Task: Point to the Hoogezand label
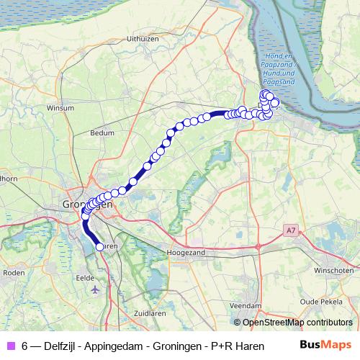click(x=186, y=254)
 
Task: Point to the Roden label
click(x=14, y=273)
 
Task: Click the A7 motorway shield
click(x=290, y=230)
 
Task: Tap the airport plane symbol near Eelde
click(x=96, y=289)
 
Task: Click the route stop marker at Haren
click(x=99, y=247)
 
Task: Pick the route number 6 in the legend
click(x=25, y=345)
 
